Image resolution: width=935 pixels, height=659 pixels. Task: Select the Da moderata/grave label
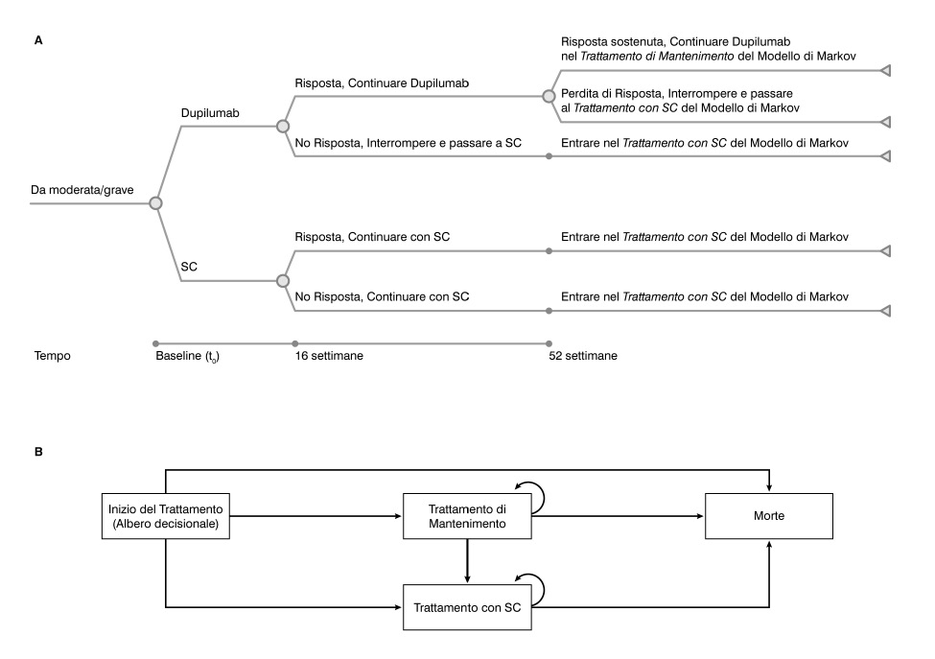(x=82, y=190)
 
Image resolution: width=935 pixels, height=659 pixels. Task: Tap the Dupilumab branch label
(x=209, y=112)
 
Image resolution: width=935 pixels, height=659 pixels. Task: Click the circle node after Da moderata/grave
(x=155, y=203)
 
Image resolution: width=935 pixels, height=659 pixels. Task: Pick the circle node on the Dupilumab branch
(x=282, y=126)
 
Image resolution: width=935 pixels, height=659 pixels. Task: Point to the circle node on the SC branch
(x=282, y=281)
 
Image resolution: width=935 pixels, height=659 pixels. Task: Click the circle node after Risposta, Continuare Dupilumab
(x=549, y=96)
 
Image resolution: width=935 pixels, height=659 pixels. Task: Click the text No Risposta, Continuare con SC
(x=382, y=295)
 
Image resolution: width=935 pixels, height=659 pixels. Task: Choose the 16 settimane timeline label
(x=331, y=356)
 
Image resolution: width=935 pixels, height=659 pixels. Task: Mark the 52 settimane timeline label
(x=582, y=356)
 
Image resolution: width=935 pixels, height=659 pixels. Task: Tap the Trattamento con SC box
(x=467, y=607)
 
